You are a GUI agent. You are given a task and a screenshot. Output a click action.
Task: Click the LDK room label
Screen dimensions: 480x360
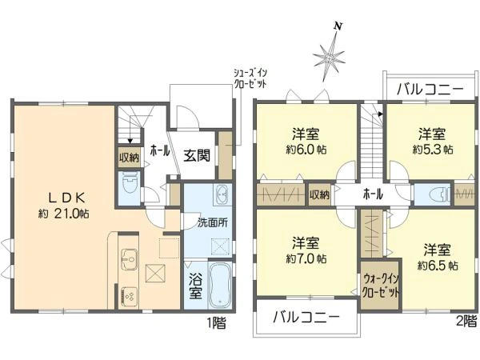(67, 198)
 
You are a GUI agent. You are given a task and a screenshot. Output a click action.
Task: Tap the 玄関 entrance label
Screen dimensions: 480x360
(197, 156)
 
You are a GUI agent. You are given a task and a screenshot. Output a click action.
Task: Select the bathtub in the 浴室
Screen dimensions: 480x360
(220, 286)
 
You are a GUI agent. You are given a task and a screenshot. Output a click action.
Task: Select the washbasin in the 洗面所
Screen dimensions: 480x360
(221, 194)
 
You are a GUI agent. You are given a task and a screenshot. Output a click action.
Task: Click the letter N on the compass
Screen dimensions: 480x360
(338, 27)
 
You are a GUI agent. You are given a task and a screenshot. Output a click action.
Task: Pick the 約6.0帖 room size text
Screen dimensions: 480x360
(306, 150)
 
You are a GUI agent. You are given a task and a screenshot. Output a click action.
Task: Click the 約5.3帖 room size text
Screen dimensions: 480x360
(433, 150)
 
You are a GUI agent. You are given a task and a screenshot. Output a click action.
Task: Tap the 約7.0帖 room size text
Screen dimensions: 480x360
(306, 258)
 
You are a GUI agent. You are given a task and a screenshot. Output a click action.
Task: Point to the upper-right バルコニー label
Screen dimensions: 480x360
(430, 90)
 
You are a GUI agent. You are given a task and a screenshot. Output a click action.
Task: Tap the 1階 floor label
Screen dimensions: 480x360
(217, 323)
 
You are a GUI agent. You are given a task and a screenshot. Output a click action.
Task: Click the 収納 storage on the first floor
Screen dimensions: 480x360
(129, 158)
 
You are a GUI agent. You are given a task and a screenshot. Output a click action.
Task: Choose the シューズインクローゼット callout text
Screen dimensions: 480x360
(250, 78)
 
